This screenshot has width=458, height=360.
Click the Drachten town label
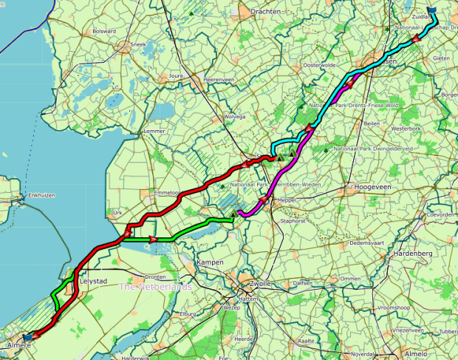point(266,12)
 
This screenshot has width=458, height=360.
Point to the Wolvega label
point(234,116)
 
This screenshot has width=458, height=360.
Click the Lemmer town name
point(154,131)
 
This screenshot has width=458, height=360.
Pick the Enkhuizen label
point(38,196)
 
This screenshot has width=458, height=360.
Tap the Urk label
point(115,212)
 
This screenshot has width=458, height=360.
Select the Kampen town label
point(211,262)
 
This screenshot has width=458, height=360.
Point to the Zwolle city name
point(261,283)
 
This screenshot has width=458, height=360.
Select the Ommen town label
point(350,279)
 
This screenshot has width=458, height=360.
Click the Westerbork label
point(406,129)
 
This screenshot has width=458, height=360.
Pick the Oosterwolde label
point(319,65)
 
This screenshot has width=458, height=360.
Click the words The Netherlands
point(156,287)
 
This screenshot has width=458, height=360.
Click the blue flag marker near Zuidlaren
point(432,12)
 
